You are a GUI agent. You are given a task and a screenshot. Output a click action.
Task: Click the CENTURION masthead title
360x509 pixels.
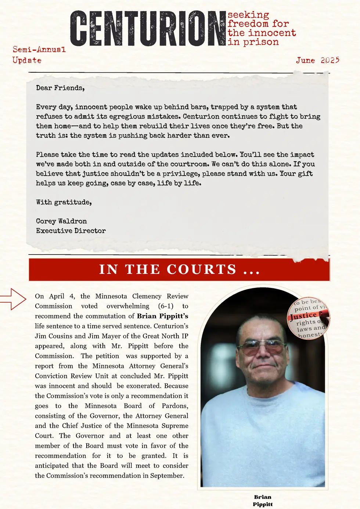tap(148, 29)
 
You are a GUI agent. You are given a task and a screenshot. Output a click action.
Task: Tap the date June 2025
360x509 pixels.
tap(318, 60)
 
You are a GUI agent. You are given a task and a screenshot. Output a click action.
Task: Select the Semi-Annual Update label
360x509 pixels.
tap(39, 55)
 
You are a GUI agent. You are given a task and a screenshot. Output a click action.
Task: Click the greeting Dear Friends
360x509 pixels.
tap(60, 88)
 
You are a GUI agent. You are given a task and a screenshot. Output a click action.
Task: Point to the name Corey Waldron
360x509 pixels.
tap(61, 221)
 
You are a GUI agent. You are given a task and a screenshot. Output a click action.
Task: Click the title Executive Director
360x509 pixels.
tap(71, 231)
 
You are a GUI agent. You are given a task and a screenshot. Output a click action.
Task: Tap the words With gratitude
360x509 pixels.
tap(64, 202)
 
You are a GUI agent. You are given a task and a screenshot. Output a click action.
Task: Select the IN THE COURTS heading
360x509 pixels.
tap(179, 270)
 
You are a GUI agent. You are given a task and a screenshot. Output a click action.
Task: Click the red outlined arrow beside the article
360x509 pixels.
tap(13, 299)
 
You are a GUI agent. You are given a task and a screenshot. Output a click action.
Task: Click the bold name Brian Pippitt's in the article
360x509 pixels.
tap(162, 316)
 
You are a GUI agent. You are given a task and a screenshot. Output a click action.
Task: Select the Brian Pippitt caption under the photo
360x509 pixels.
tap(263, 501)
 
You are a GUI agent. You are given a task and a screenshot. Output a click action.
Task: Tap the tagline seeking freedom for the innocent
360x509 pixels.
tap(262, 28)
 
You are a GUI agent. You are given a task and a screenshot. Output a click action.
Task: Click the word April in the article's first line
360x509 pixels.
tap(57, 296)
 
